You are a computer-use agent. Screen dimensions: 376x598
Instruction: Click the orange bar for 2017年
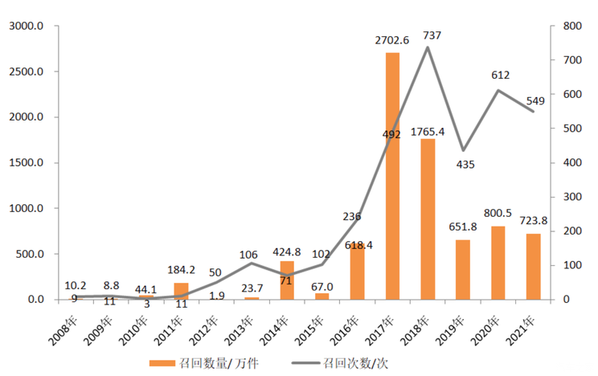pyautogui.click(x=393, y=176)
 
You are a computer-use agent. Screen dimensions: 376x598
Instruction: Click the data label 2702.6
pyautogui.click(x=392, y=40)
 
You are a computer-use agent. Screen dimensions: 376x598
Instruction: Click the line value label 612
pyautogui.click(x=501, y=75)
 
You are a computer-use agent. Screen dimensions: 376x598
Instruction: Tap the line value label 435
pyautogui.click(x=465, y=165)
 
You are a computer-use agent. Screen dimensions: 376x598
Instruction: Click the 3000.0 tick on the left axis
pyautogui.click(x=32, y=27)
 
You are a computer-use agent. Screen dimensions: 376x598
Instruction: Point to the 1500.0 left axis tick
pyautogui.click(x=32, y=163)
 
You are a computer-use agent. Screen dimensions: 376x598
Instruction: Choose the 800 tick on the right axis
pyautogui.click(x=569, y=27)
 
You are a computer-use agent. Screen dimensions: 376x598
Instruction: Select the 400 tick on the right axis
pyautogui.click(x=569, y=163)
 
